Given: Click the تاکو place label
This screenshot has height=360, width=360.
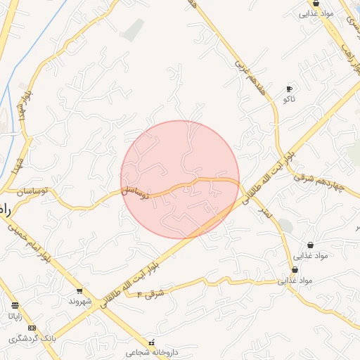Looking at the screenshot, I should click(x=289, y=100).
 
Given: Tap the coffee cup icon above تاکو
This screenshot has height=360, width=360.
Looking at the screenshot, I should click(x=289, y=89).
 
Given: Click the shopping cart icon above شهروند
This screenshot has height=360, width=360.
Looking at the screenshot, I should click(x=79, y=290).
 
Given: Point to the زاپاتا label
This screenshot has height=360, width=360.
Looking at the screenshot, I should click(x=15, y=316).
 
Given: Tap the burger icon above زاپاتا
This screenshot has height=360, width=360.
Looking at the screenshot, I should click(x=15, y=305).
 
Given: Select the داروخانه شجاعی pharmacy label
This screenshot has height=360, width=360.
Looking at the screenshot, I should click(x=150, y=353).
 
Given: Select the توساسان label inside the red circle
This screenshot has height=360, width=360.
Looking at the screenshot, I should click(x=134, y=191).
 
